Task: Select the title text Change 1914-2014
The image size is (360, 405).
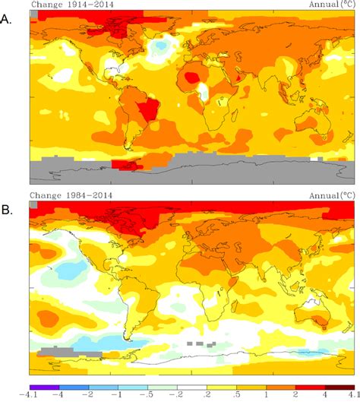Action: click(62, 5)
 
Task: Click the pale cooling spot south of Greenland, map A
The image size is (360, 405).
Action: click(160, 48)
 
